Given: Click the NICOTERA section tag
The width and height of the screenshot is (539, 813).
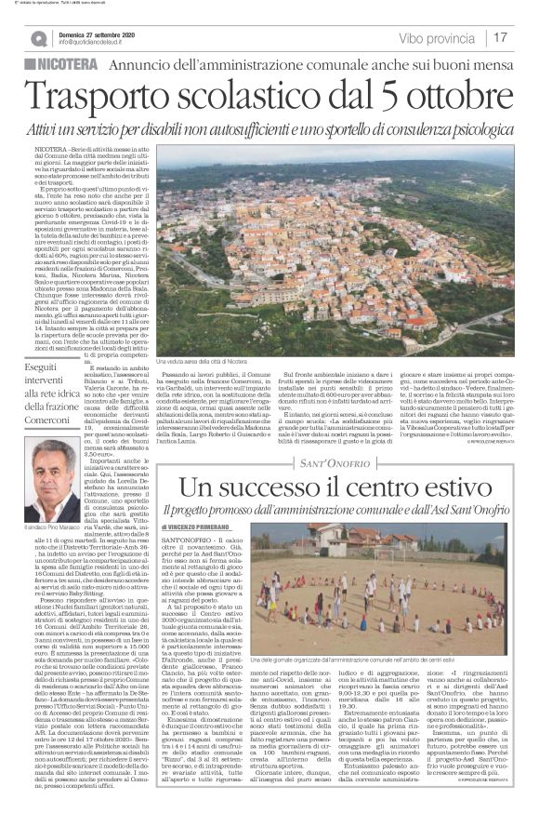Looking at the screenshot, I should (x=65, y=62).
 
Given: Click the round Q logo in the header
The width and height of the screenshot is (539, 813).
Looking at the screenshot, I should (x=38, y=38).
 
